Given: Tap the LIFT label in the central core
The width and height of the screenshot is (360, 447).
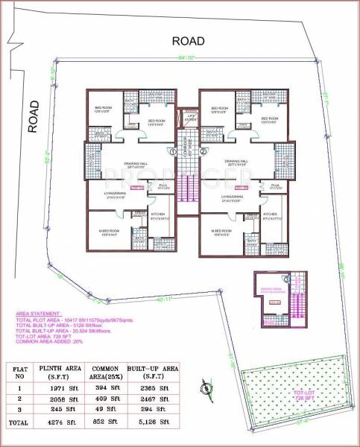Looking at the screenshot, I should (191, 118).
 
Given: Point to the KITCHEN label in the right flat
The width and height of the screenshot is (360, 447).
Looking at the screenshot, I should (270, 214).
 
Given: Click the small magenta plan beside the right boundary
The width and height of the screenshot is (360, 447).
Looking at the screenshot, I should (280, 294).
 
